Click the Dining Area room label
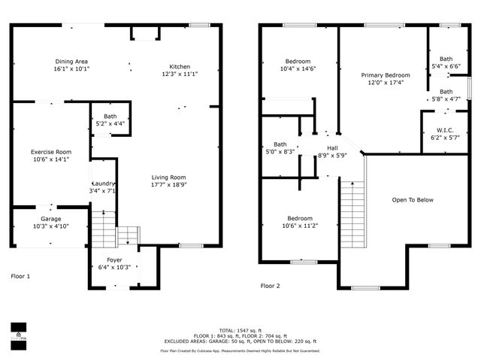(71, 62)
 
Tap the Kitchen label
(180, 65)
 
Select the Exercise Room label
(51, 152)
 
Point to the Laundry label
(103, 184)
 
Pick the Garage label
(50, 219)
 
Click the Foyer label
(114, 259)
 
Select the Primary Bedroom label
(386, 75)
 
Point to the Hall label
(331, 148)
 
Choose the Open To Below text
(413, 200)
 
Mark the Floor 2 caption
(271, 286)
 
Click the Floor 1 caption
(21, 277)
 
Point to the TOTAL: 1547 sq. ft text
(240, 330)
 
